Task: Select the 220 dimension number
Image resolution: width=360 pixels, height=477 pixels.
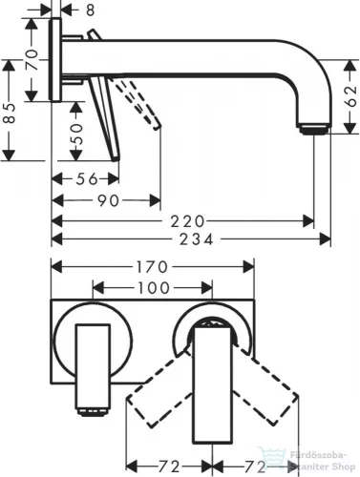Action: pos(190,218)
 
